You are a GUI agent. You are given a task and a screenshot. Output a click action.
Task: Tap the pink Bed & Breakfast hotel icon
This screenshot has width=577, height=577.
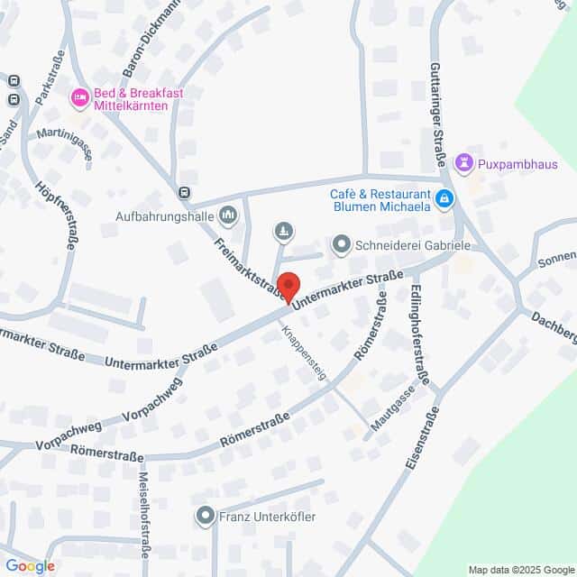[x=79, y=96]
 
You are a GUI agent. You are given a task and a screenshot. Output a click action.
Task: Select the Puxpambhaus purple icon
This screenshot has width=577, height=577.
[x=464, y=163]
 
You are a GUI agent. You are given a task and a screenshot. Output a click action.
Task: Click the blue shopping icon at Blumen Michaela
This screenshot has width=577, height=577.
[x=444, y=198]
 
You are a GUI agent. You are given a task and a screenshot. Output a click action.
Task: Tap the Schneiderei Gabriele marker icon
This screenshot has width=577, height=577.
[x=341, y=243]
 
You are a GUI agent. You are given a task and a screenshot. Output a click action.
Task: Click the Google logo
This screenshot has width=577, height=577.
[x=29, y=566]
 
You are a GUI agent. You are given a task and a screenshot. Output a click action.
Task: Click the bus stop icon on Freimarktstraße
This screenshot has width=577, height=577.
[x=184, y=191]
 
